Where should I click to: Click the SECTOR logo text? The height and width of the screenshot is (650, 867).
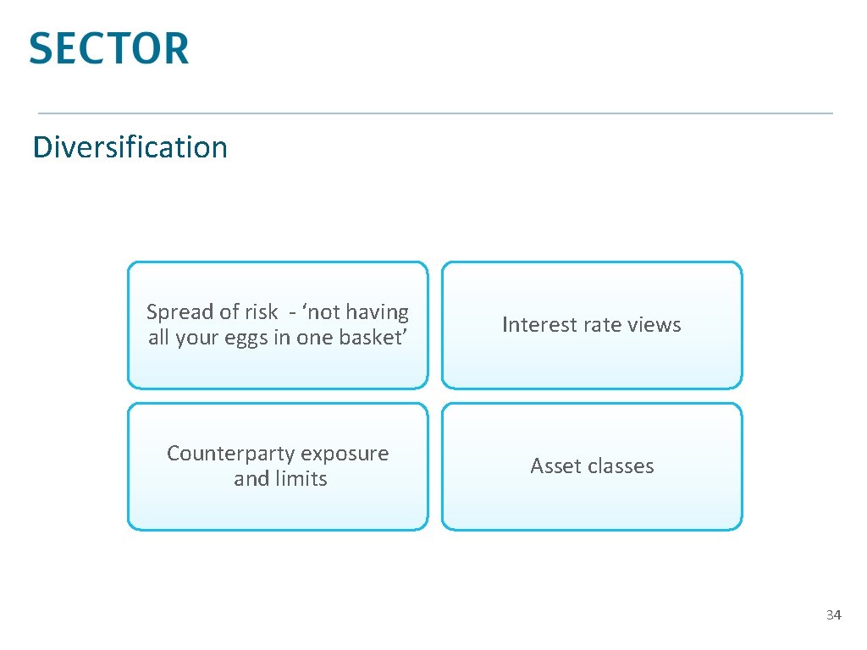click(x=108, y=48)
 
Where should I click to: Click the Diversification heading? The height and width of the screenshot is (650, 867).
click(x=130, y=147)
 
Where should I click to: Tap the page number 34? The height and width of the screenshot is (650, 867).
click(x=833, y=614)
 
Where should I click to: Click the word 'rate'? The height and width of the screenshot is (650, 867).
click(x=594, y=325)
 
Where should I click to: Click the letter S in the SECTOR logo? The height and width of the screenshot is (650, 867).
click(x=42, y=48)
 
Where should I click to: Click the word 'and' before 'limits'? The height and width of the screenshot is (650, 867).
click(x=251, y=479)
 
